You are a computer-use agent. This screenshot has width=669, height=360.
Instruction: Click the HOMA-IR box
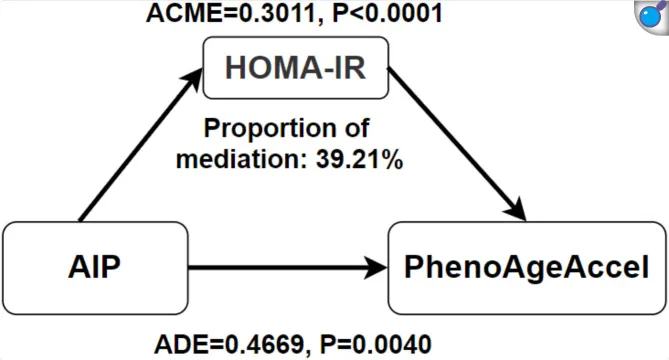(296, 68)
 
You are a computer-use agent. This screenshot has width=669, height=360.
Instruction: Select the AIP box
(95, 268)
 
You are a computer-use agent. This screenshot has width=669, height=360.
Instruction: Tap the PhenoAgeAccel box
(527, 268)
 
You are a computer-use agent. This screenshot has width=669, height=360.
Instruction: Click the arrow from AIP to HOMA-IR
(140, 145)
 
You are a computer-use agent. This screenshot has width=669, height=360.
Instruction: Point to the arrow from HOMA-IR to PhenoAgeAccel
(457, 144)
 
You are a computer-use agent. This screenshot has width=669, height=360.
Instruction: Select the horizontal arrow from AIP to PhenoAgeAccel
(288, 268)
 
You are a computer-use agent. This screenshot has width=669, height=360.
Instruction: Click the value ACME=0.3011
(230, 14)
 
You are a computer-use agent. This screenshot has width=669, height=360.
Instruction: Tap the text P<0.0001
(387, 14)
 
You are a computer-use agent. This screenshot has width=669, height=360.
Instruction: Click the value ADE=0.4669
(229, 345)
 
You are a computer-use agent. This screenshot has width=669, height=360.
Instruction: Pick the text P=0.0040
(375, 345)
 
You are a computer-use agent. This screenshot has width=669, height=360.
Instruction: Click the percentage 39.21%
(359, 160)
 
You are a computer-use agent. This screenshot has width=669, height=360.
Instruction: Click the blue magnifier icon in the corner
(652, 16)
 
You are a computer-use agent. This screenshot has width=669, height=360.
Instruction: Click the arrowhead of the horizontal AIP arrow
(375, 268)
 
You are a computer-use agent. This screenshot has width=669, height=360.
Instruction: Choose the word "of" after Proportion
(357, 128)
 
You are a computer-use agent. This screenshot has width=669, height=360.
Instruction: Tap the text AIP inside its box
(95, 267)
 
